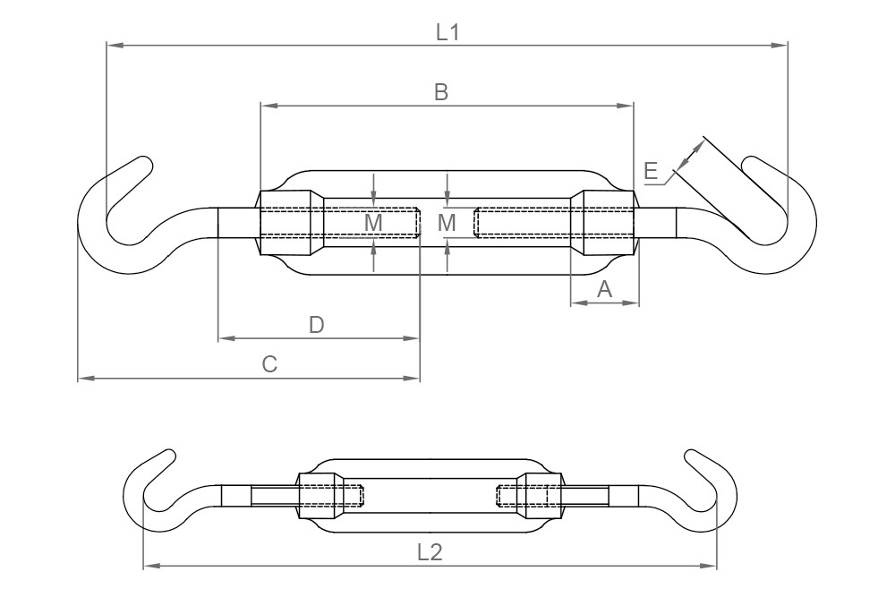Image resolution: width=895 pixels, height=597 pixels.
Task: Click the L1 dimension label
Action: pyautogui.click(x=447, y=32)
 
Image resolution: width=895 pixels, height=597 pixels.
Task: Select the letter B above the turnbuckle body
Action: pyautogui.click(x=440, y=91)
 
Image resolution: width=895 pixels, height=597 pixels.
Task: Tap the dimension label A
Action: pyautogui.click(x=604, y=288)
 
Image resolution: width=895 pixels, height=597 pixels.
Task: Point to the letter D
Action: pyautogui.click(x=316, y=325)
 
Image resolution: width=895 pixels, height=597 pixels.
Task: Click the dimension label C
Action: pyautogui.click(x=268, y=364)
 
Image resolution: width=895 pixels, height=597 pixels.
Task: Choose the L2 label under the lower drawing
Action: pyautogui.click(x=430, y=553)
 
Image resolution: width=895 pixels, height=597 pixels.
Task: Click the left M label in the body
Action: pyautogui.click(x=374, y=222)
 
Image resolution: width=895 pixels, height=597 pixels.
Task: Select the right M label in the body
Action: pyautogui.click(x=447, y=222)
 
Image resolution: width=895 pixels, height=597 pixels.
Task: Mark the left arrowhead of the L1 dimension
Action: pyautogui.click(x=110, y=44)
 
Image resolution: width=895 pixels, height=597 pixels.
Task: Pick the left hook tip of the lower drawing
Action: pyautogui.click(x=168, y=456)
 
